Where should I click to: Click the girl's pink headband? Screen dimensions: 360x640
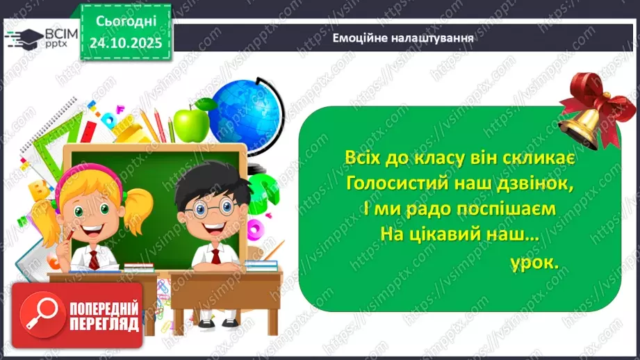coord(90,174)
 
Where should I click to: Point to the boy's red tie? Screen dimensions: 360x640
coord(215,256)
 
